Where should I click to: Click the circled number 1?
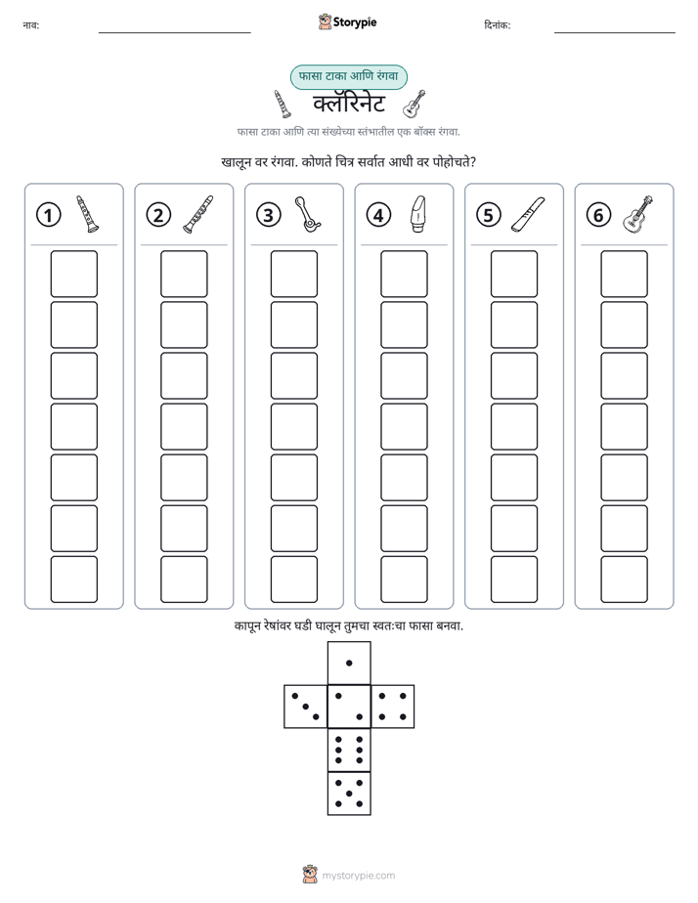[x=48, y=215]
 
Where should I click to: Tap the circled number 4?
[x=378, y=215]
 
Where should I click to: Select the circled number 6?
[x=598, y=215]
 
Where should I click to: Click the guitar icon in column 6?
[x=638, y=214]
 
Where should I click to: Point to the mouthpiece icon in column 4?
[x=418, y=214]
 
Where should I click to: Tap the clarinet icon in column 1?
[x=88, y=214]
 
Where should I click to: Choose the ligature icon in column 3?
[x=308, y=214]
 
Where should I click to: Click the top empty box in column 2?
[x=184, y=274]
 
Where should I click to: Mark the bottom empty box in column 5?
[x=513, y=580]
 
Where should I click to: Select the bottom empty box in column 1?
[x=73, y=580]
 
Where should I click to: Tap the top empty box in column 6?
[x=624, y=274]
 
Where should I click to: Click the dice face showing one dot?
[x=349, y=663]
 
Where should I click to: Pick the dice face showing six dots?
[x=349, y=750]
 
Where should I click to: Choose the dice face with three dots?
[x=306, y=707]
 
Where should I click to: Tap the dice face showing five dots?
[x=349, y=794]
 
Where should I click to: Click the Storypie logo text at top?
[x=355, y=22]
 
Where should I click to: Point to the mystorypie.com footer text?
[x=358, y=876]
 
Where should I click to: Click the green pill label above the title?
[x=348, y=76]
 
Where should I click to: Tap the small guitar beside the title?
[x=414, y=104]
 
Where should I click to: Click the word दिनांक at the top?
[x=498, y=25]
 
